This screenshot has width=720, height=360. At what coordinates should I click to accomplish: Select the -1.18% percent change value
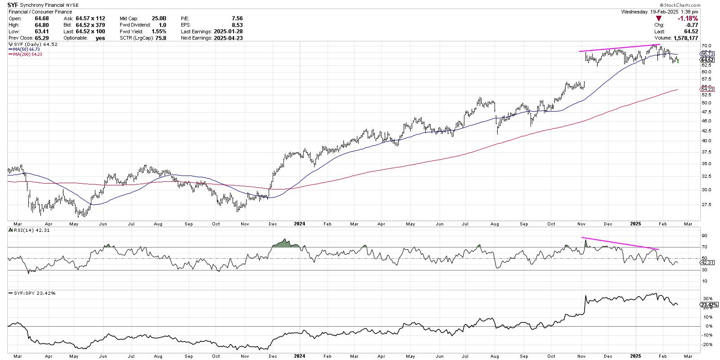coord(689,18)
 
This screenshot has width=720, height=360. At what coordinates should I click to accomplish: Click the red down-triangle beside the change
coord(659,18)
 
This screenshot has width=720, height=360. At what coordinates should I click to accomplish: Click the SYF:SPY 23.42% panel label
coord(33,293)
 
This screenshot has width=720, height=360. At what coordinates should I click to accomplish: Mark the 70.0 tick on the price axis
coord(706,46)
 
